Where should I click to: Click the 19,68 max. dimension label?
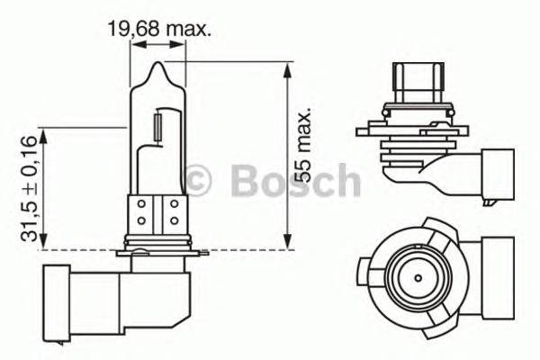(159, 29)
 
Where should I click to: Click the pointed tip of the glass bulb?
(158, 65)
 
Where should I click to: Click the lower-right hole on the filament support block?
(175, 220)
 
